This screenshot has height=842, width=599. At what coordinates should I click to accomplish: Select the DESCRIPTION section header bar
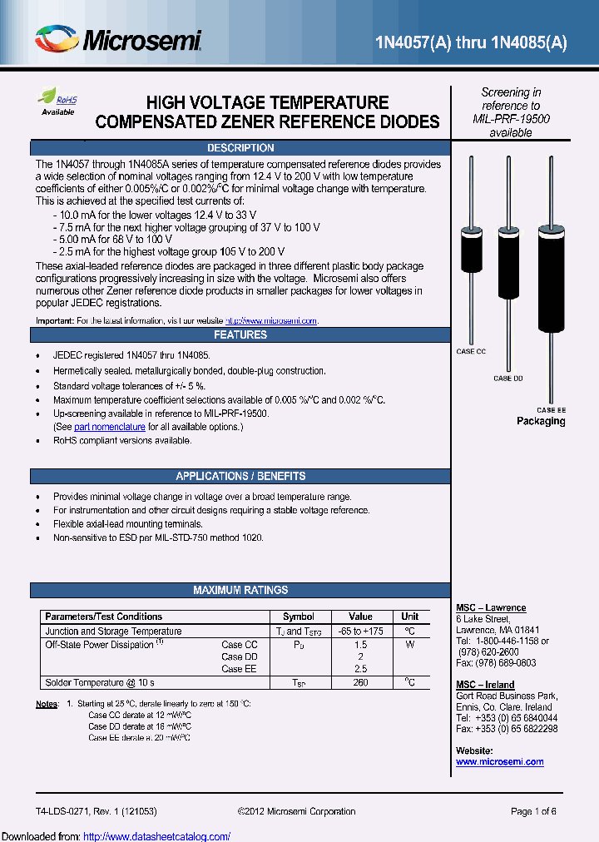pyautogui.click(x=240, y=148)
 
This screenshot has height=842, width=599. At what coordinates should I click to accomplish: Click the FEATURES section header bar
pyautogui.click(x=240, y=335)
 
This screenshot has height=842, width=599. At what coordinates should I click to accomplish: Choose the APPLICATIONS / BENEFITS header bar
pyautogui.click(x=240, y=477)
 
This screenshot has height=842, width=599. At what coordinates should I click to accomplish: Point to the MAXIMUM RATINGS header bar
pyautogui.click(x=240, y=591)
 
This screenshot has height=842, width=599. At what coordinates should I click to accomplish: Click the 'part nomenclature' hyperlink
pyautogui.click(x=109, y=427)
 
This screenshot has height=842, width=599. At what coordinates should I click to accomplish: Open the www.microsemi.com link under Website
pyautogui.click(x=499, y=762)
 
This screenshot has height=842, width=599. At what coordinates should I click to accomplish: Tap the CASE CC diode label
pyautogui.click(x=470, y=352)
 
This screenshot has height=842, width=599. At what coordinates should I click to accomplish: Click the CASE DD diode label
pyautogui.click(x=507, y=379)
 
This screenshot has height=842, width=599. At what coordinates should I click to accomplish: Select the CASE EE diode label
pyautogui.click(x=551, y=410)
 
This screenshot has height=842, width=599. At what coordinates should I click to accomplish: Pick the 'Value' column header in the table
pyautogui.click(x=360, y=617)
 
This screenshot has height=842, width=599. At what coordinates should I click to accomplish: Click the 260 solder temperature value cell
pyautogui.click(x=360, y=683)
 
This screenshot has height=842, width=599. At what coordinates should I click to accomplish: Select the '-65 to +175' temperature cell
pyautogui.click(x=360, y=631)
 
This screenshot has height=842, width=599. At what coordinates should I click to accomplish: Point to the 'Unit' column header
pyautogui.click(x=409, y=617)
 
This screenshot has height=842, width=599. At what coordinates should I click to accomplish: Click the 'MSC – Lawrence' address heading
pyautogui.click(x=491, y=608)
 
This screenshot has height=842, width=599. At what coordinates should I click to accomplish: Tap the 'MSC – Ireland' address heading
pyautogui.click(x=485, y=685)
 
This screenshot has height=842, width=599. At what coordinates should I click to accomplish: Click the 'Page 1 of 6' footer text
pyautogui.click(x=533, y=812)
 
